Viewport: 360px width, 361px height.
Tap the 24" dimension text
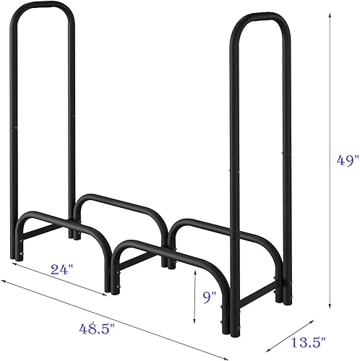(x=62, y=270)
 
